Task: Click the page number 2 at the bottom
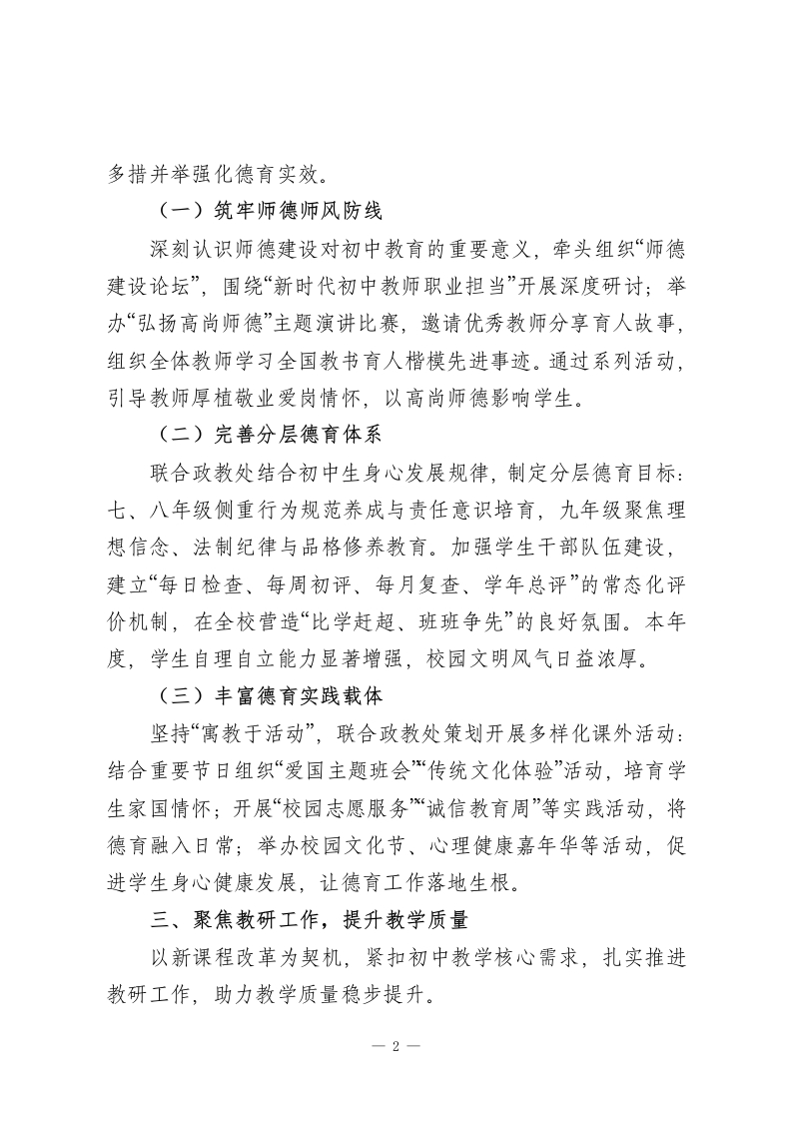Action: click(x=396, y=1047)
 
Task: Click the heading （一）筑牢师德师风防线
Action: click(x=269, y=211)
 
